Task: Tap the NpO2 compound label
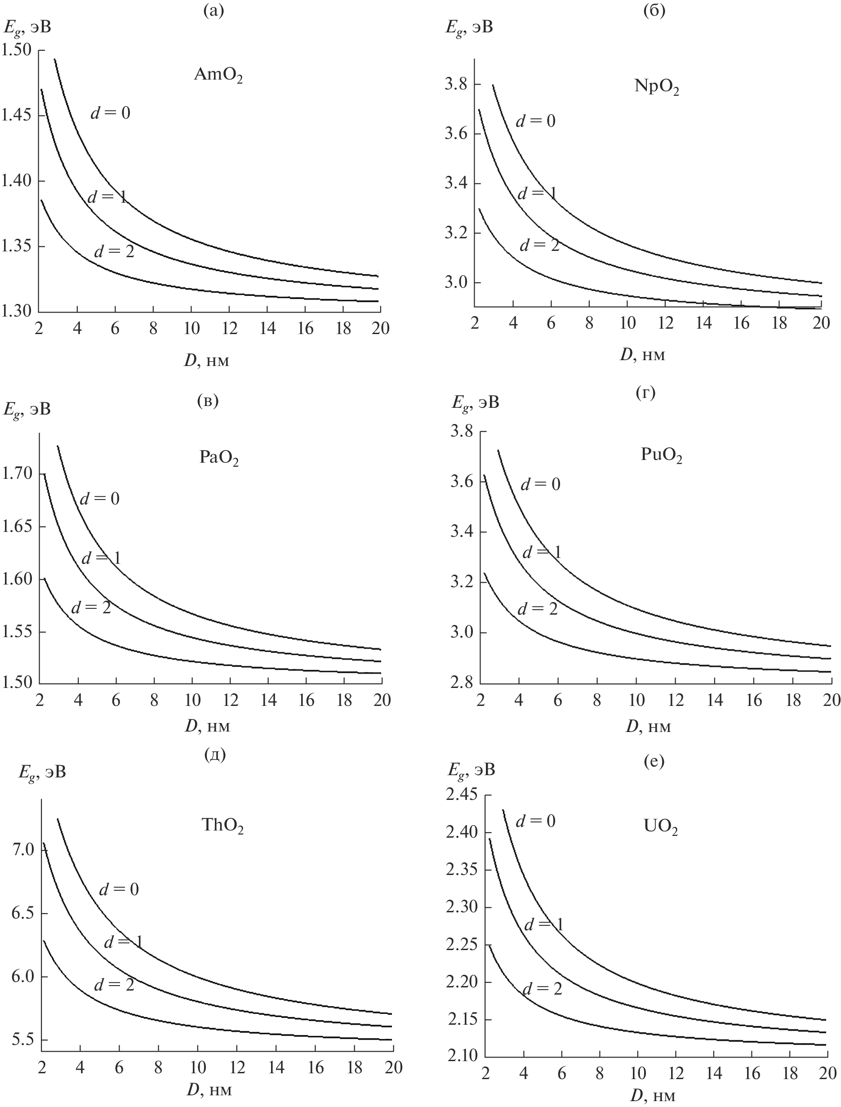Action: (656, 87)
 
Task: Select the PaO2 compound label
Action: (218, 459)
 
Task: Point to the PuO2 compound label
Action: (661, 455)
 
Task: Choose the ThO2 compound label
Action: (222, 826)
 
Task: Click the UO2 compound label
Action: (660, 827)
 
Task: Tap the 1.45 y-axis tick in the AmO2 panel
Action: (17, 115)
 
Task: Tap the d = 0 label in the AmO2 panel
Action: (110, 113)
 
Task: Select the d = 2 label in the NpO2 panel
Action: (539, 246)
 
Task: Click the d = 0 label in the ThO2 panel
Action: (119, 889)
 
